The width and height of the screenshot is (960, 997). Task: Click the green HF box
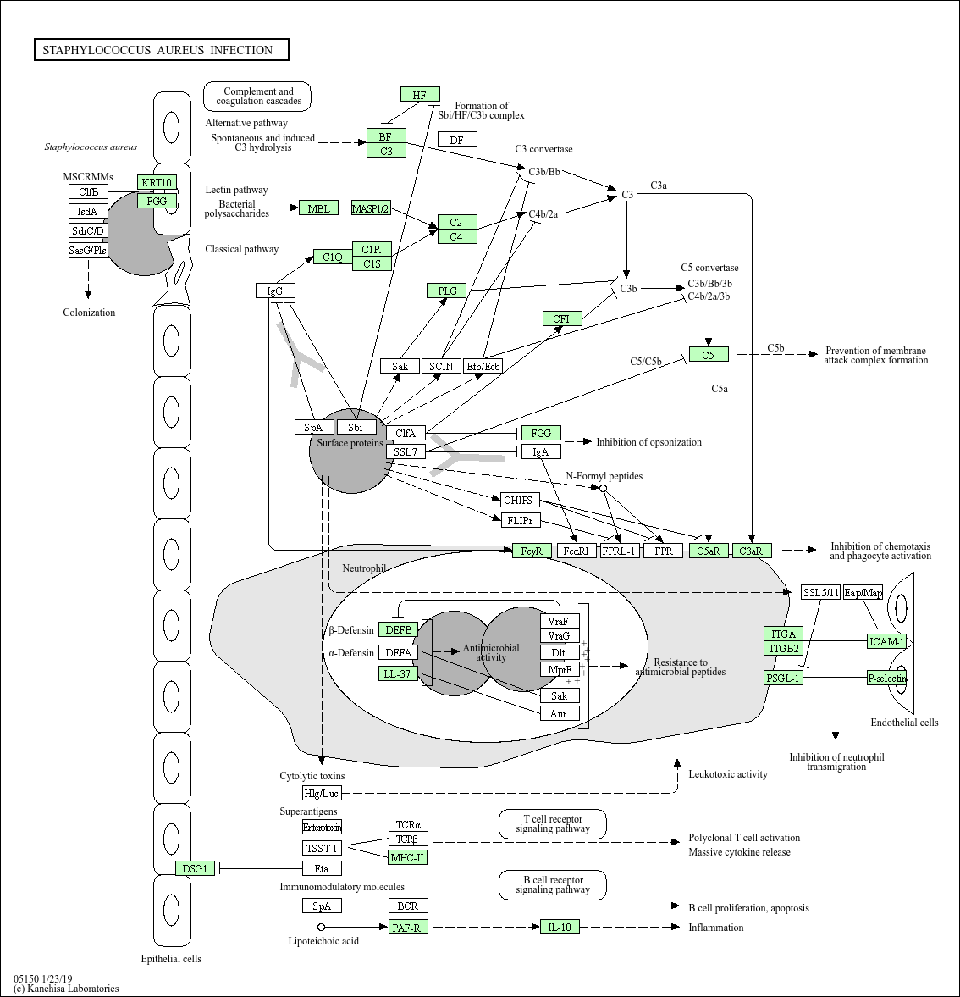click(x=420, y=95)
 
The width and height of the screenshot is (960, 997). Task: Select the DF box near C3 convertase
click(x=457, y=139)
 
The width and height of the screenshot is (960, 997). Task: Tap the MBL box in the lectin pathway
click(x=319, y=208)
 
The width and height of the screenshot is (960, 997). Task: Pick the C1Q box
click(x=333, y=257)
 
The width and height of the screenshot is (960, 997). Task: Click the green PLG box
click(x=447, y=291)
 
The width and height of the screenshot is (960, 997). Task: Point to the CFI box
click(x=562, y=318)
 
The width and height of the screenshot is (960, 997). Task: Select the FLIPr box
click(x=521, y=521)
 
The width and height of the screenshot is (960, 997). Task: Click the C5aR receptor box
click(x=709, y=551)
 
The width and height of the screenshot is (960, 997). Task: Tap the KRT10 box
click(x=157, y=182)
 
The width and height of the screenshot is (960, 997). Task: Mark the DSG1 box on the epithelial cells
click(x=195, y=868)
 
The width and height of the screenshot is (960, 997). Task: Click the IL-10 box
click(x=560, y=927)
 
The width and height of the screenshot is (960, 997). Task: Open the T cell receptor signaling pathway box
click(x=553, y=824)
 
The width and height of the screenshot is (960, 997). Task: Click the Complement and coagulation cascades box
click(x=257, y=96)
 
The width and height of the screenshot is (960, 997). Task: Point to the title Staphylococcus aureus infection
click(x=157, y=50)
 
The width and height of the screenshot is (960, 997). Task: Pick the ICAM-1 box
click(x=886, y=641)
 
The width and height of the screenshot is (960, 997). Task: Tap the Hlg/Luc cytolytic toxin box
click(x=322, y=793)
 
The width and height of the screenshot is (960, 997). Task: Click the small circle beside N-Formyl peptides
click(x=604, y=488)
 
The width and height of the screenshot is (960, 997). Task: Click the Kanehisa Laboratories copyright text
click(x=66, y=988)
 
